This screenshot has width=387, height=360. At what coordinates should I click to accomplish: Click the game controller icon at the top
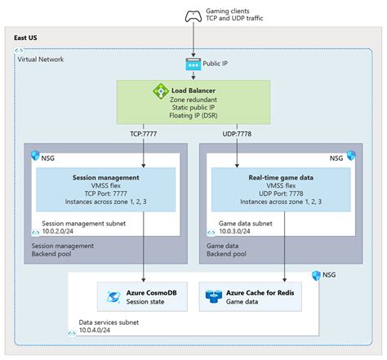pos(193,14)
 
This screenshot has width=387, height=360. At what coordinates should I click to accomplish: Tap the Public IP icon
pos(193,64)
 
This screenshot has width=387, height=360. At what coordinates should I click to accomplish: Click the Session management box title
pos(107,177)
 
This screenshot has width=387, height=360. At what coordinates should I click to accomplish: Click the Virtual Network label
pos(40,60)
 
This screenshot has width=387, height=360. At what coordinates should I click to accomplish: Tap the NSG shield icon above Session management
pos(34,155)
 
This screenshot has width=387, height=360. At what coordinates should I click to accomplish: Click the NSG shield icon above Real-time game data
pos(351,155)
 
